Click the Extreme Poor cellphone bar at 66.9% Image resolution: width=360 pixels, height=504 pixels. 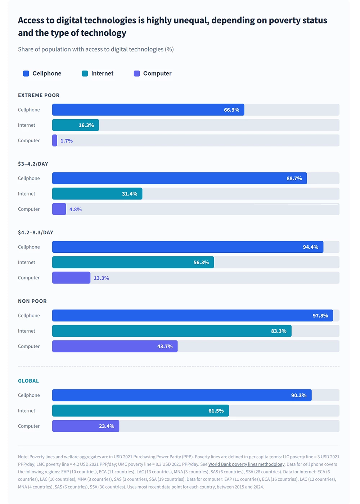click(x=148, y=110)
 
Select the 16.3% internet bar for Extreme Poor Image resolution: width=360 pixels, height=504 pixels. click(x=75, y=125)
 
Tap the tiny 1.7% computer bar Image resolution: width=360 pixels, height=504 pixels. click(x=55, y=140)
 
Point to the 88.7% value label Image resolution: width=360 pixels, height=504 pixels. click(x=294, y=179)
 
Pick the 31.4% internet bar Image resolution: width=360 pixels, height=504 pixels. click(x=97, y=194)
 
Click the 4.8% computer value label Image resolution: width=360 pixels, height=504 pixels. click(x=76, y=210)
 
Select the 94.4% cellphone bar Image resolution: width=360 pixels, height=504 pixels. click(x=188, y=247)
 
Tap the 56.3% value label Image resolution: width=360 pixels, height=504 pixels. click(x=201, y=262)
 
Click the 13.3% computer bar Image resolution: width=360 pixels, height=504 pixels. click(x=71, y=278)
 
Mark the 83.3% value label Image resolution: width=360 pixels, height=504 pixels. click(x=279, y=331)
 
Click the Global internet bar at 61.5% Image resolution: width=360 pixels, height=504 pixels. click(x=140, y=411)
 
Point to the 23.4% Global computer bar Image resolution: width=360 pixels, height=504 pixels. click(x=85, y=426)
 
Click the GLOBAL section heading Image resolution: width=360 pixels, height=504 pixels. click(x=28, y=381)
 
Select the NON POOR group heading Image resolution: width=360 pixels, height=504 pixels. click(x=32, y=301)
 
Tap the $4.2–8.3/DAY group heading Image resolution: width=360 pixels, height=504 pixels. click(x=36, y=233)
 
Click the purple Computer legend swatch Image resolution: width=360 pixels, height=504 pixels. click(x=137, y=73)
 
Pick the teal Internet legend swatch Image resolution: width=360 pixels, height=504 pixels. click(x=85, y=73)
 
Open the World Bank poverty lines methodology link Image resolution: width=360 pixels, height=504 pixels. click(x=246, y=464)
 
